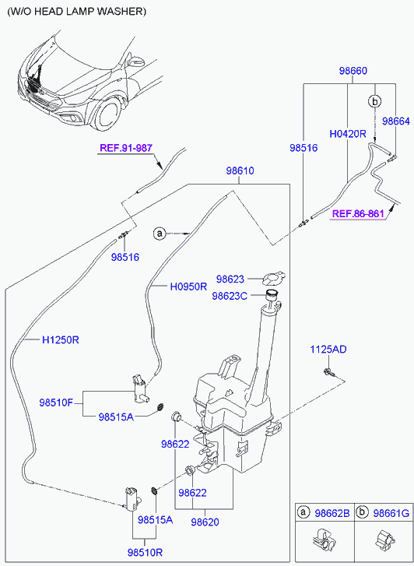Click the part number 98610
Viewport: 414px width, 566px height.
tap(240, 171)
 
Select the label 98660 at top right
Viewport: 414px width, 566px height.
tap(353, 71)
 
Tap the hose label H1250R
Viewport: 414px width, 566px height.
tap(61, 340)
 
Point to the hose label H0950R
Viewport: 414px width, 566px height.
tap(188, 287)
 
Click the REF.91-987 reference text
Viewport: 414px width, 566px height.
tap(126, 148)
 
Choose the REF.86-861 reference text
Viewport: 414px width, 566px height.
tap(358, 213)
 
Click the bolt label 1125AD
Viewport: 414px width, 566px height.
tap(328, 350)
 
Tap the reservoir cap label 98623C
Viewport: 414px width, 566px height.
tap(230, 296)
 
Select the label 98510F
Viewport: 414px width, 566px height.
tap(56, 403)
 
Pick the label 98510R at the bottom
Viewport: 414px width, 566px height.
tap(145, 553)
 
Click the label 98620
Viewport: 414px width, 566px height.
tap(205, 522)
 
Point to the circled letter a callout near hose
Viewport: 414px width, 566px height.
tap(159, 234)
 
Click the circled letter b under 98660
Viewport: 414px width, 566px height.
tap(375, 102)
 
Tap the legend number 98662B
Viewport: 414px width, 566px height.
tap(332, 513)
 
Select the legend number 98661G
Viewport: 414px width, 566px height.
tap(391, 513)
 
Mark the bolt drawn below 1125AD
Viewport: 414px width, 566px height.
tap(329, 372)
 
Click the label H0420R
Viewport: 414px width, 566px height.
tap(348, 134)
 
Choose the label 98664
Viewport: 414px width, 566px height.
tap(396, 121)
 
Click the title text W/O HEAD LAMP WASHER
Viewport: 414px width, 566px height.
tap(77, 12)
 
